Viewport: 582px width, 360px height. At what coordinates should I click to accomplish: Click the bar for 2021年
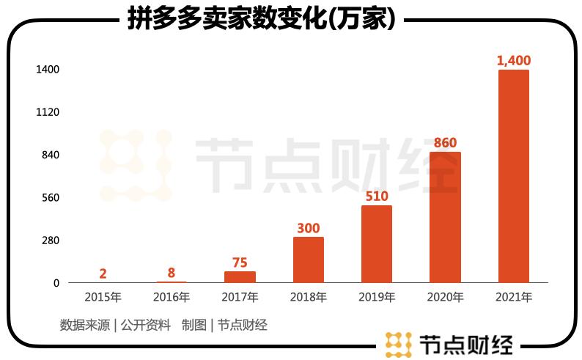[513, 176]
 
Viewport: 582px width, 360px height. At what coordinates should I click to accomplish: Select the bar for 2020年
[445, 217]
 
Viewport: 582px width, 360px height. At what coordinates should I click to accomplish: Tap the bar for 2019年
[377, 244]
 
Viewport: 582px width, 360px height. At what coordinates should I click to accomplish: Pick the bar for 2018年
[309, 260]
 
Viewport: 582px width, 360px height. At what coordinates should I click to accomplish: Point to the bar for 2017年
[240, 277]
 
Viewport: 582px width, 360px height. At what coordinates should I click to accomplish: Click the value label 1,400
[513, 60]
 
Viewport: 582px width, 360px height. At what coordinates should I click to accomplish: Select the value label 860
[445, 142]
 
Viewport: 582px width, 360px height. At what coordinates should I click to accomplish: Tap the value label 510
[377, 196]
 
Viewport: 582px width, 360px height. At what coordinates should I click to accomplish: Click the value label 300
[309, 228]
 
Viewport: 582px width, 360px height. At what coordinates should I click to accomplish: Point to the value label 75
[240, 262]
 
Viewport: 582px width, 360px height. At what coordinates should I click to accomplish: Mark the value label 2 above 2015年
[103, 273]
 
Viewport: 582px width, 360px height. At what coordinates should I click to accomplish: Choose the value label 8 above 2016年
[172, 273]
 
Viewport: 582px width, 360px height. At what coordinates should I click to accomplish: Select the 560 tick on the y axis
[48, 198]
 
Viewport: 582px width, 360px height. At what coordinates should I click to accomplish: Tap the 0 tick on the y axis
[56, 283]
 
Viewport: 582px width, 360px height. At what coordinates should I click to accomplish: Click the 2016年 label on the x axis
[172, 298]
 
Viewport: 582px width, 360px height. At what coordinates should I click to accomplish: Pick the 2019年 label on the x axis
[377, 298]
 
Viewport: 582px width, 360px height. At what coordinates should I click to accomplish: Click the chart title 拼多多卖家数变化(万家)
[262, 19]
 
